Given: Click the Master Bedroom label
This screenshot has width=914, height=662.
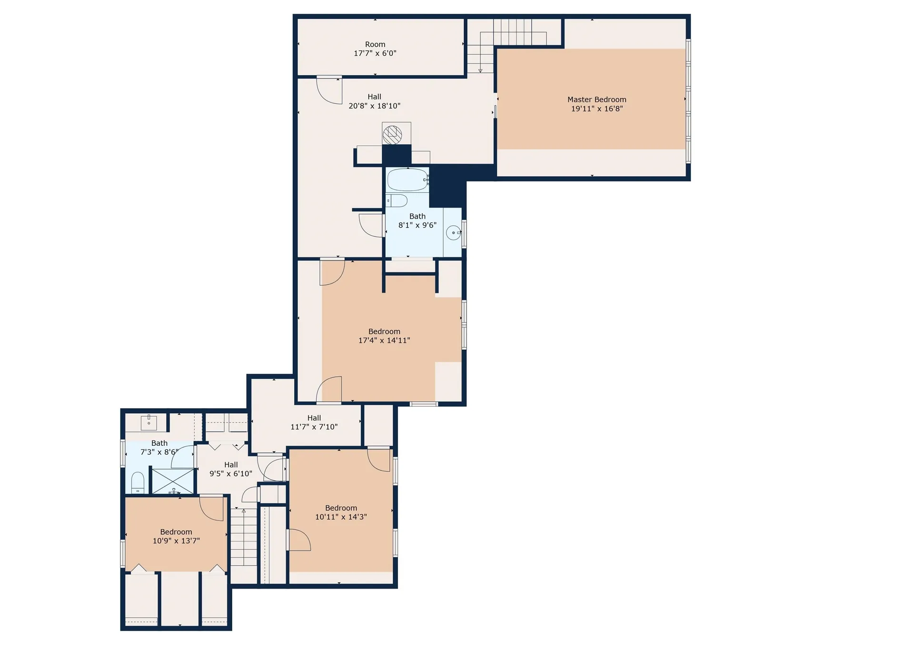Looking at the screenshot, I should click(596, 100).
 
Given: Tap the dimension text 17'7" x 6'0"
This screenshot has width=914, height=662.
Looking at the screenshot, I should click(375, 53).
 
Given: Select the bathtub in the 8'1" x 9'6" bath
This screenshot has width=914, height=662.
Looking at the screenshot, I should click(407, 180).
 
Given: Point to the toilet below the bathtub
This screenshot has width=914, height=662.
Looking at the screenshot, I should click(397, 201).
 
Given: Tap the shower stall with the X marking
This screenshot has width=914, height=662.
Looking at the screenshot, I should click(173, 481).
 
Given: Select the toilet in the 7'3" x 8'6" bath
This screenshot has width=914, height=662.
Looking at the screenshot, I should click(138, 483).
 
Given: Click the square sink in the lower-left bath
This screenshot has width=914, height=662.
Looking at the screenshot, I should click(149, 422).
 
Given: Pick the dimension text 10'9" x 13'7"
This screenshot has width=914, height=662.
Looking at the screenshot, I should click(176, 541).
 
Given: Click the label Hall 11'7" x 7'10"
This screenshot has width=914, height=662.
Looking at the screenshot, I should click(314, 422).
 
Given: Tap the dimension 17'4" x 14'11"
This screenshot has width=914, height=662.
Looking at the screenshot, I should click(384, 340).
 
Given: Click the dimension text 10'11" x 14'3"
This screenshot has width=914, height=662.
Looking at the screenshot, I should click(341, 517).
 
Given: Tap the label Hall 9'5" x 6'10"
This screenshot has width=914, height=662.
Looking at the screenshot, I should click(231, 469).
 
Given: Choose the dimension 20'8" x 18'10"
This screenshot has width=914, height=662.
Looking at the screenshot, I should click(374, 106).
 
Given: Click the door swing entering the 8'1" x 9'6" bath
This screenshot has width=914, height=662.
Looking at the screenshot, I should click(372, 225).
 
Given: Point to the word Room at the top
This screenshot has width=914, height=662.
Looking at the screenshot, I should click(375, 44).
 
